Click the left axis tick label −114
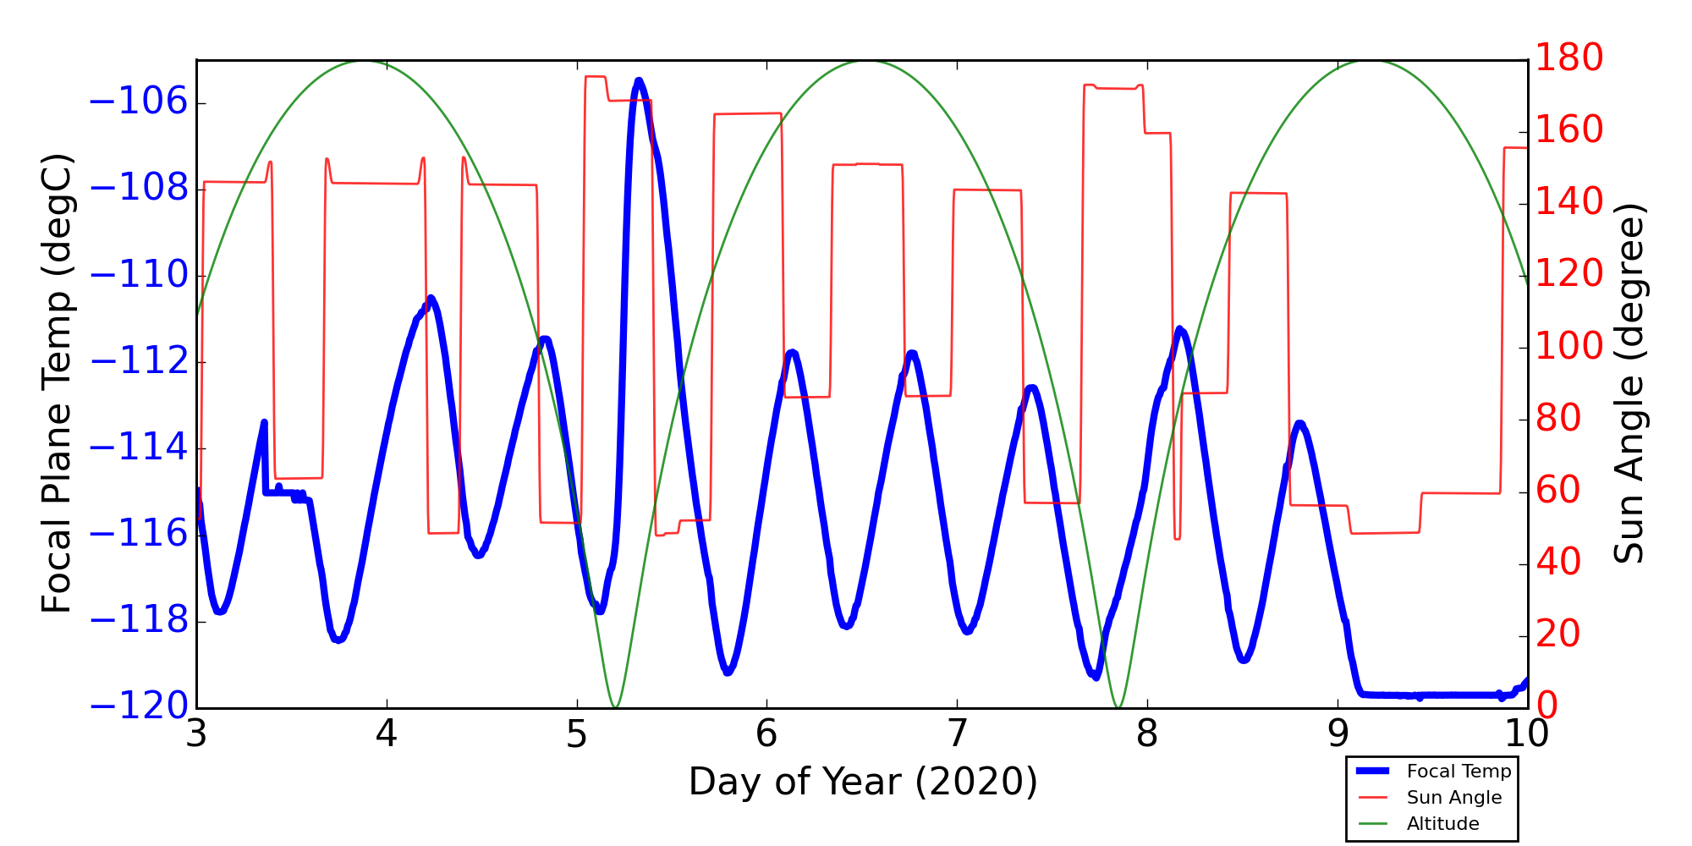click(x=138, y=448)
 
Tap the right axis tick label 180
click(x=1569, y=58)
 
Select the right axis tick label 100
click(x=1569, y=346)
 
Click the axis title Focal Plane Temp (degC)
click(x=57, y=383)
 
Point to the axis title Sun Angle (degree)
click(x=1629, y=383)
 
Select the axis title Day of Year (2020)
click(x=863, y=782)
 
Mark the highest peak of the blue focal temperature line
click(x=639, y=81)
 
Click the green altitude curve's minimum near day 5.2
click(x=615, y=706)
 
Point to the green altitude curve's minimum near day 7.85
click(x=1118, y=706)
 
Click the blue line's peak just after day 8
click(x=1179, y=329)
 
